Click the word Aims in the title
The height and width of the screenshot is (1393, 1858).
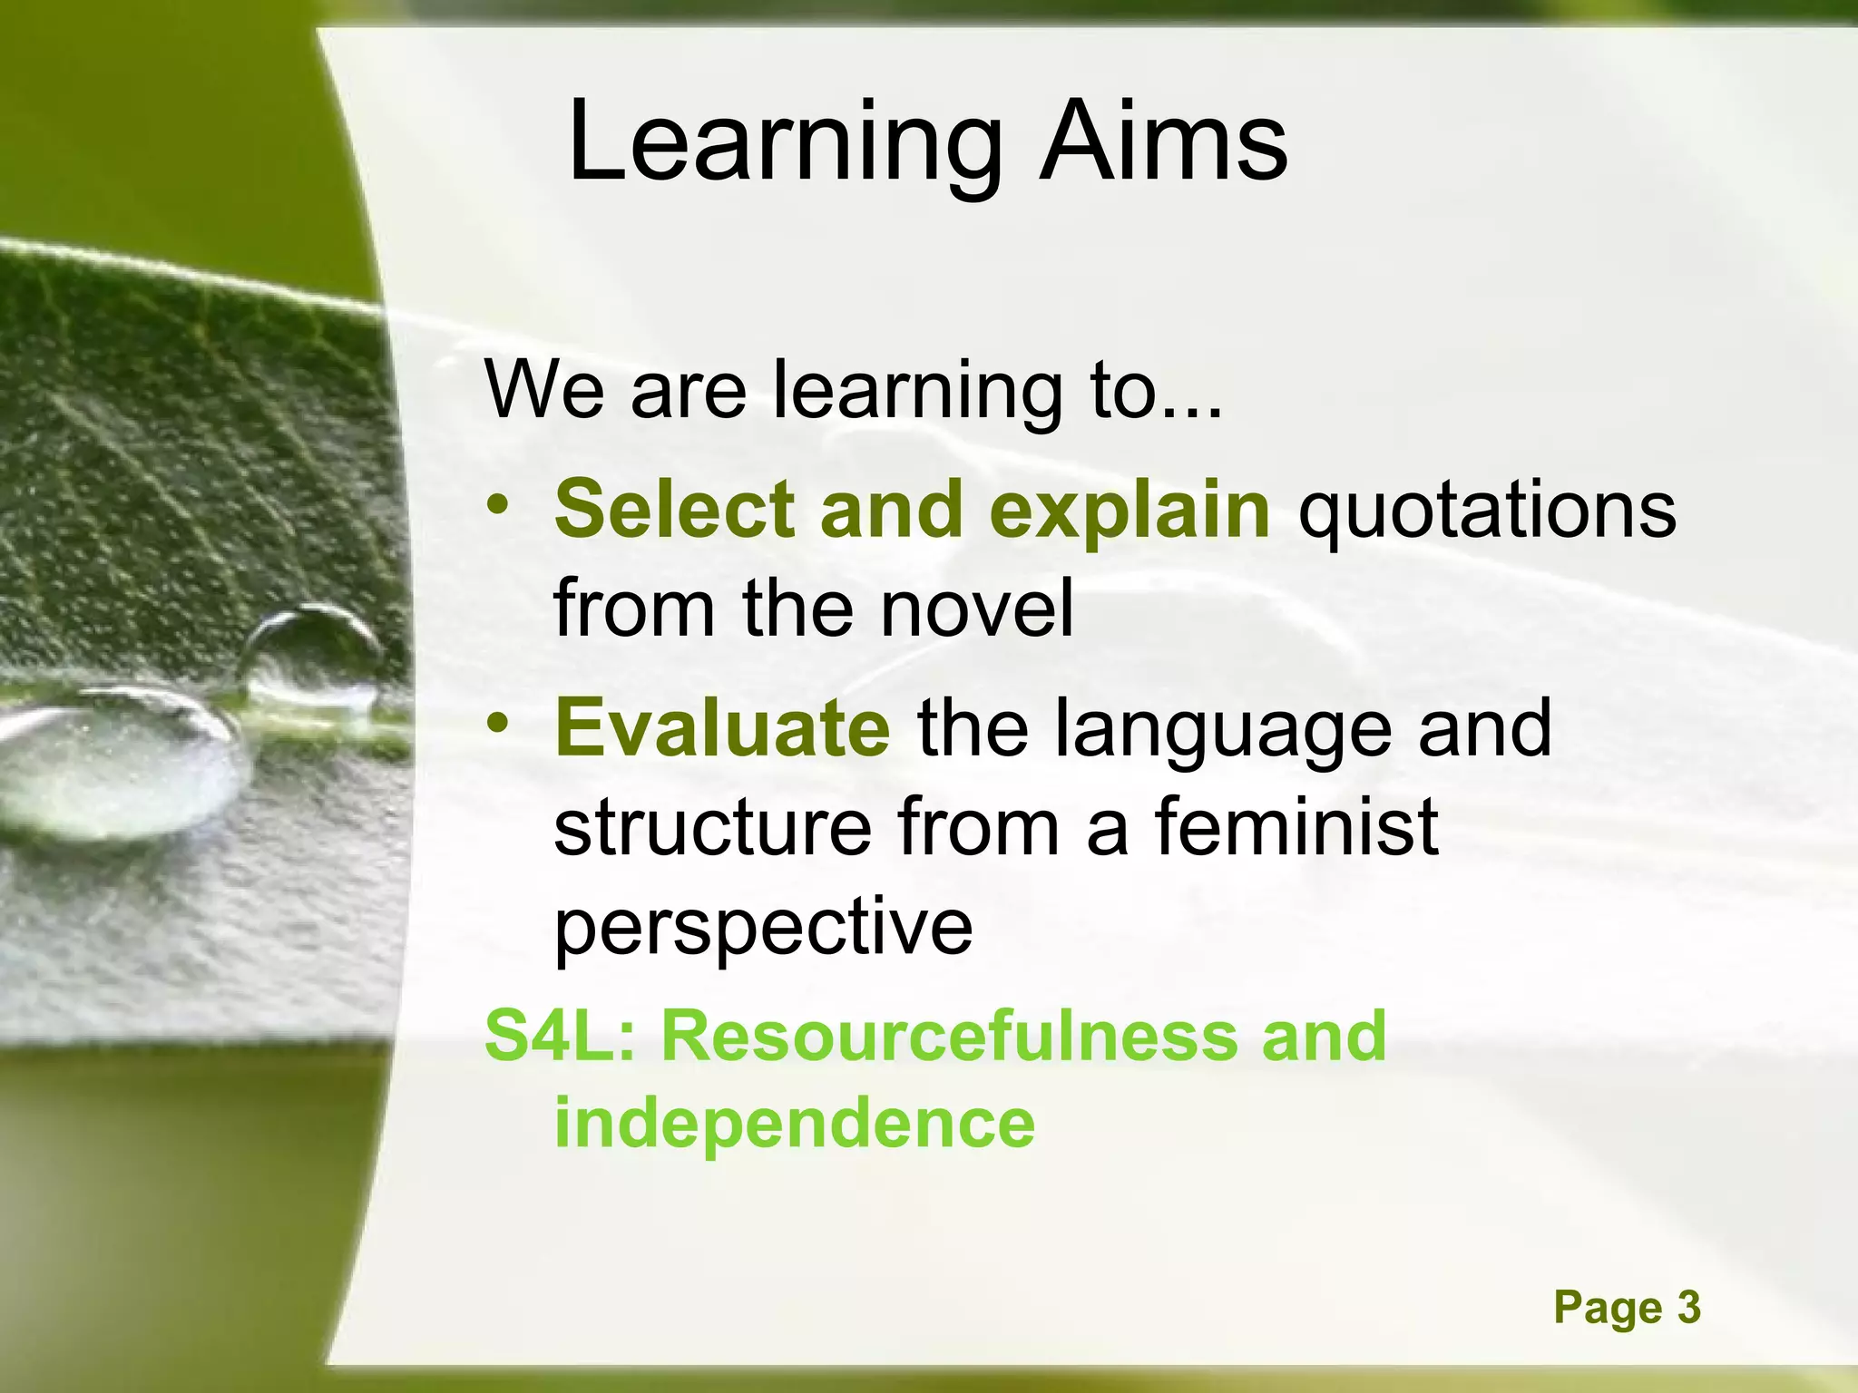click(1163, 143)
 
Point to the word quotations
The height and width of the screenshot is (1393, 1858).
click(1487, 511)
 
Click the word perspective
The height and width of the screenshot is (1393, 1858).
click(763, 928)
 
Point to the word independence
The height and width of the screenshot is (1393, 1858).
click(794, 1123)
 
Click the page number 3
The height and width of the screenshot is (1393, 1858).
click(1688, 1308)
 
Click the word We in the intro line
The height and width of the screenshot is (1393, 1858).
click(544, 390)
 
